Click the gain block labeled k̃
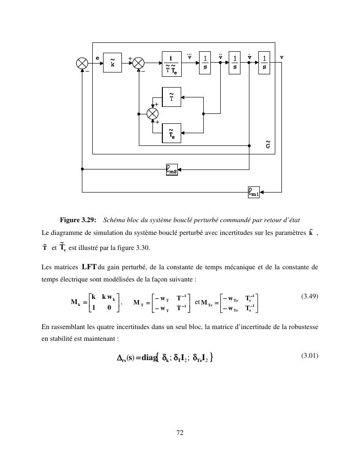[112, 63]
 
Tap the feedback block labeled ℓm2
[172, 169]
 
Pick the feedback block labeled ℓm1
[254, 192]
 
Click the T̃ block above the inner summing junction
[171, 97]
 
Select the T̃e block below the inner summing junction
[171, 133]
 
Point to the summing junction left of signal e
[82, 63]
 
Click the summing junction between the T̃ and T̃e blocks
[153, 114]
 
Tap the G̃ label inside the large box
[268, 145]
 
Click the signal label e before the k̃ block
[97, 57]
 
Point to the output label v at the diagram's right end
[281, 57]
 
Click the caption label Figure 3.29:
[78, 220]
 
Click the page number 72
[179, 433]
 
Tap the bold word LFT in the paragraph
[89, 267]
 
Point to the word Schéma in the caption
[115, 220]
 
